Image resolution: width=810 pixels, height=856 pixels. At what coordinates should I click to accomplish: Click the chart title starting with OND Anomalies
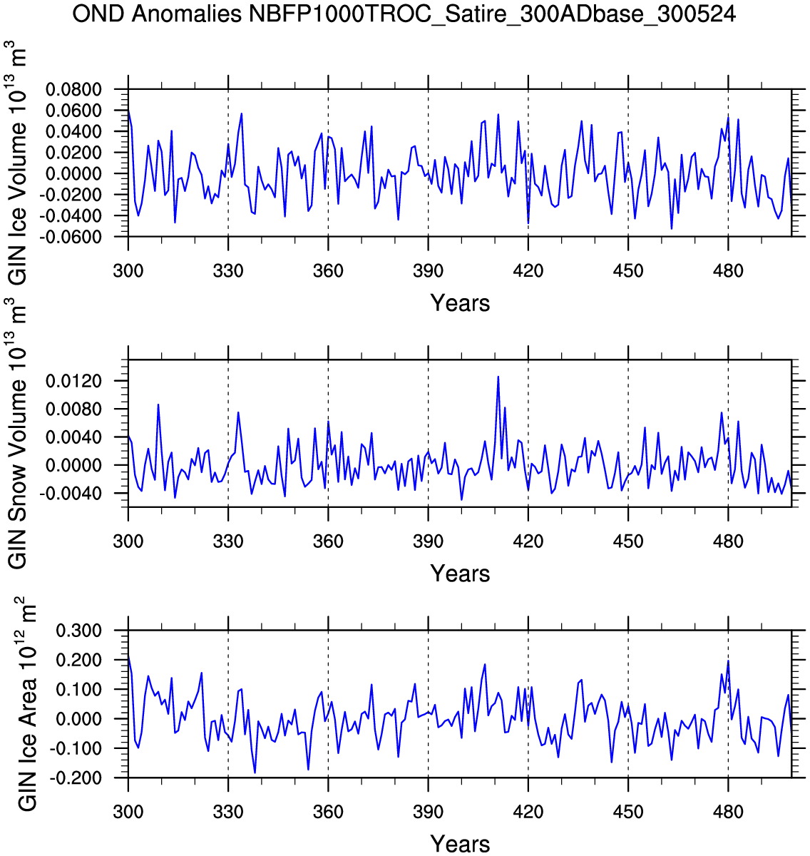click(x=404, y=14)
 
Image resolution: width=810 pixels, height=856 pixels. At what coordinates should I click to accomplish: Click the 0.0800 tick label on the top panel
click(x=73, y=90)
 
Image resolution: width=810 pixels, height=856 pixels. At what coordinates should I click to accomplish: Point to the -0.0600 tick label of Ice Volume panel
click(x=71, y=237)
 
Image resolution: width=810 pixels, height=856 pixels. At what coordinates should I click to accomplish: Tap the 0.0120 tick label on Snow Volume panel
click(x=73, y=382)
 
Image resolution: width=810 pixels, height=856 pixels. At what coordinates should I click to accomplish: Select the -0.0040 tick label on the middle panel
click(x=71, y=494)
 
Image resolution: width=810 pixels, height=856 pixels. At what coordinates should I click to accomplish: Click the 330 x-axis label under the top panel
click(x=228, y=271)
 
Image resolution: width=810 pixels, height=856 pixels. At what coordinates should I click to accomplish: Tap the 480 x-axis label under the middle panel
click(x=728, y=541)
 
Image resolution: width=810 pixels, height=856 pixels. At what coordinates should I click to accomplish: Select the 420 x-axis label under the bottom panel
click(x=528, y=812)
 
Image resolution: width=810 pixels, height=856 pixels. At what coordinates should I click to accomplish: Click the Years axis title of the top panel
click(x=460, y=303)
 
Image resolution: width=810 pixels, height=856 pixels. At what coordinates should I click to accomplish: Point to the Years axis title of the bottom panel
click(x=460, y=844)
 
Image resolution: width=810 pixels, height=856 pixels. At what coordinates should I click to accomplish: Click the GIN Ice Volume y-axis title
click(x=16, y=163)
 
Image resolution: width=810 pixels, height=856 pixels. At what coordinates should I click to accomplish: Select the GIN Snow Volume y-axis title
click(x=16, y=433)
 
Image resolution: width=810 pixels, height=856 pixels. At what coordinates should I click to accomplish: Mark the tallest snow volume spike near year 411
click(x=498, y=377)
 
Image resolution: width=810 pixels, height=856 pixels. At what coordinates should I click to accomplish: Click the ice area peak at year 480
click(x=728, y=661)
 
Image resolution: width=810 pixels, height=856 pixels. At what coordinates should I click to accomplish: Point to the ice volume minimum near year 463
click(x=672, y=228)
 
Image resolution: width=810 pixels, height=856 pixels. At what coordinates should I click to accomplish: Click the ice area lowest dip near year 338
click(x=255, y=773)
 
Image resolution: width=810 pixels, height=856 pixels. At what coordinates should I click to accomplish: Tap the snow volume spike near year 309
click(x=158, y=404)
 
